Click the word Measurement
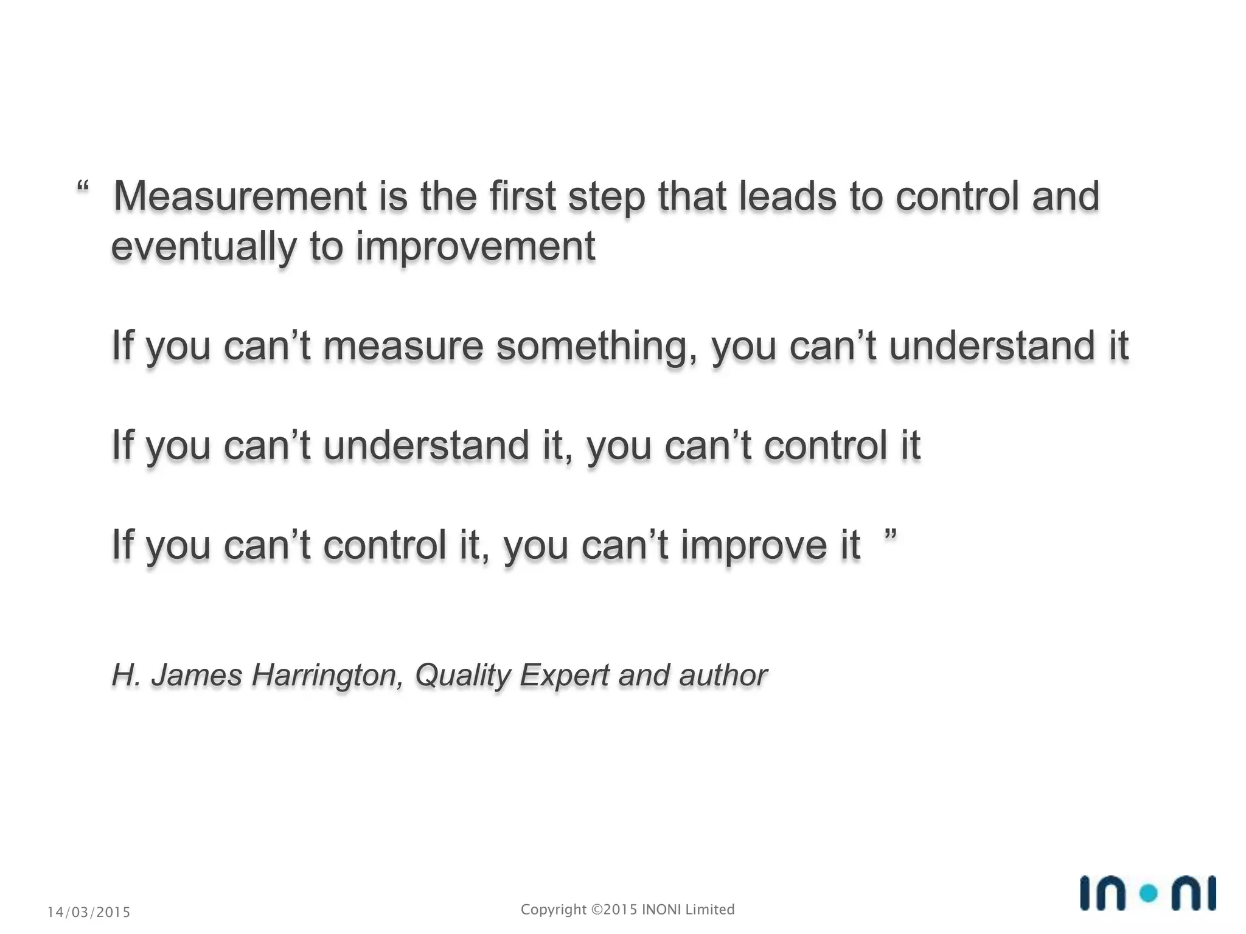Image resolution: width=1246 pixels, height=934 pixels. click(240, 196)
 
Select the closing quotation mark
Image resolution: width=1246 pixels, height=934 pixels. click(890, 535)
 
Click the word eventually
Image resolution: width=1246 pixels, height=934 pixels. click(204, 247)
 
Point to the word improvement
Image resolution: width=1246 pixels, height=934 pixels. click(475, 247)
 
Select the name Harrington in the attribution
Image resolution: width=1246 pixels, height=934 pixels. click(327, 676)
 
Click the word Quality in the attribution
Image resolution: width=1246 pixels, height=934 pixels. click(463, 676)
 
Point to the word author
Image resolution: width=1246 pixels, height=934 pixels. click(723, 676)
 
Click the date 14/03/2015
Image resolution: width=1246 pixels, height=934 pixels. click(89, 912)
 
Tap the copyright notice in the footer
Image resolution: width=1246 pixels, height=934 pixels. click(627, 910)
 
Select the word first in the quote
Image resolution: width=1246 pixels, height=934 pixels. click(523, 196)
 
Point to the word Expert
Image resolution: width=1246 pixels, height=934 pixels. click(564, 676)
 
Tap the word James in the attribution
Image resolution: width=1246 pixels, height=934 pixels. click(197, 676)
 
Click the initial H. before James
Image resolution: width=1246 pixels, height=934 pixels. click(127, 676)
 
